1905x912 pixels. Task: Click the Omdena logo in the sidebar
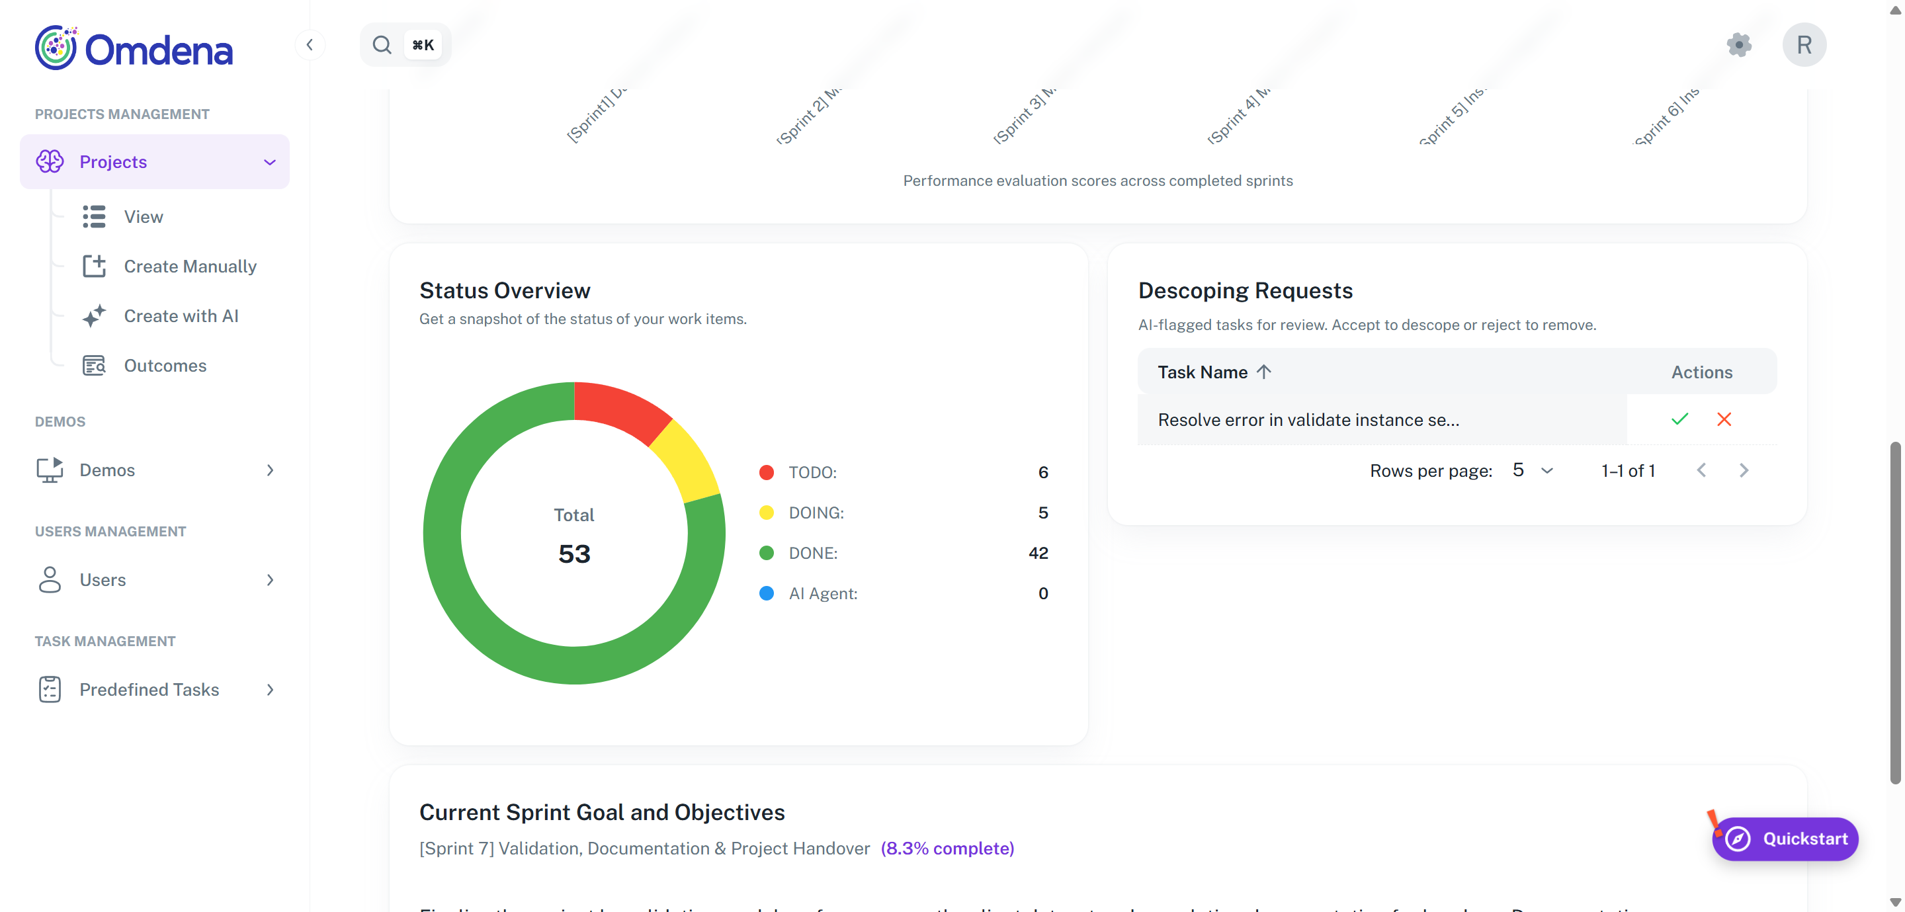click(134, 48)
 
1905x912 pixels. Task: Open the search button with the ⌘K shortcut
click(405, 45)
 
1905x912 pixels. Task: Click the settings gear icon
click(1738, 45)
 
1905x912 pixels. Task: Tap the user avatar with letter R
click(1804, 45)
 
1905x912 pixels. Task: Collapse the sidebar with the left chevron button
click(310, 45)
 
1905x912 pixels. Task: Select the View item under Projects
click(144, 217)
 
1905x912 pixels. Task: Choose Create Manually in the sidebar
click(190, 267)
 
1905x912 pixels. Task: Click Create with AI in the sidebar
click(181, 316)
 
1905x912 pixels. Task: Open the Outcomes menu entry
click(165, 365)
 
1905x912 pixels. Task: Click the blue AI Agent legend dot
click(766, 593)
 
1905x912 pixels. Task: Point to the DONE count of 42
click(1038, 554)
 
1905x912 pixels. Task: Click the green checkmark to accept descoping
click(1679, 419)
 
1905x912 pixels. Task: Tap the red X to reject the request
click(1724, 419)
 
